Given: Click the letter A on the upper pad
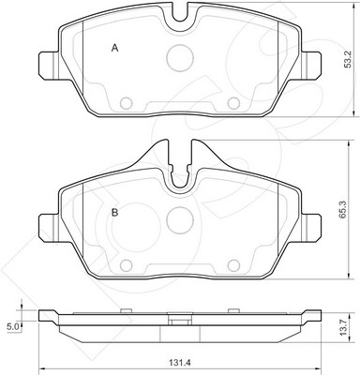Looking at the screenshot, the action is point(115,48).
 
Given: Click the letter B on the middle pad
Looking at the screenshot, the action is point(115,213).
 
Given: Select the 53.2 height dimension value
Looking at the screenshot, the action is point(348,59).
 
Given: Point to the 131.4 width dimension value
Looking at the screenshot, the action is point(180,363).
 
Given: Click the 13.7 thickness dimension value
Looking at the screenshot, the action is point(344,327).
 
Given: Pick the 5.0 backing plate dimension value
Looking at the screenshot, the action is point(12,327).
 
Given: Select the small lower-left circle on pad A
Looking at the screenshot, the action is point(127,103).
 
